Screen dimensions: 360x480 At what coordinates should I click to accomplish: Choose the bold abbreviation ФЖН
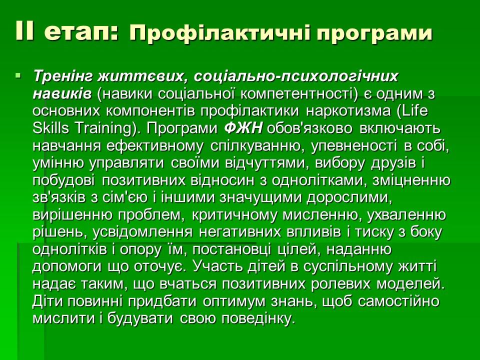[x=243, y=128]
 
